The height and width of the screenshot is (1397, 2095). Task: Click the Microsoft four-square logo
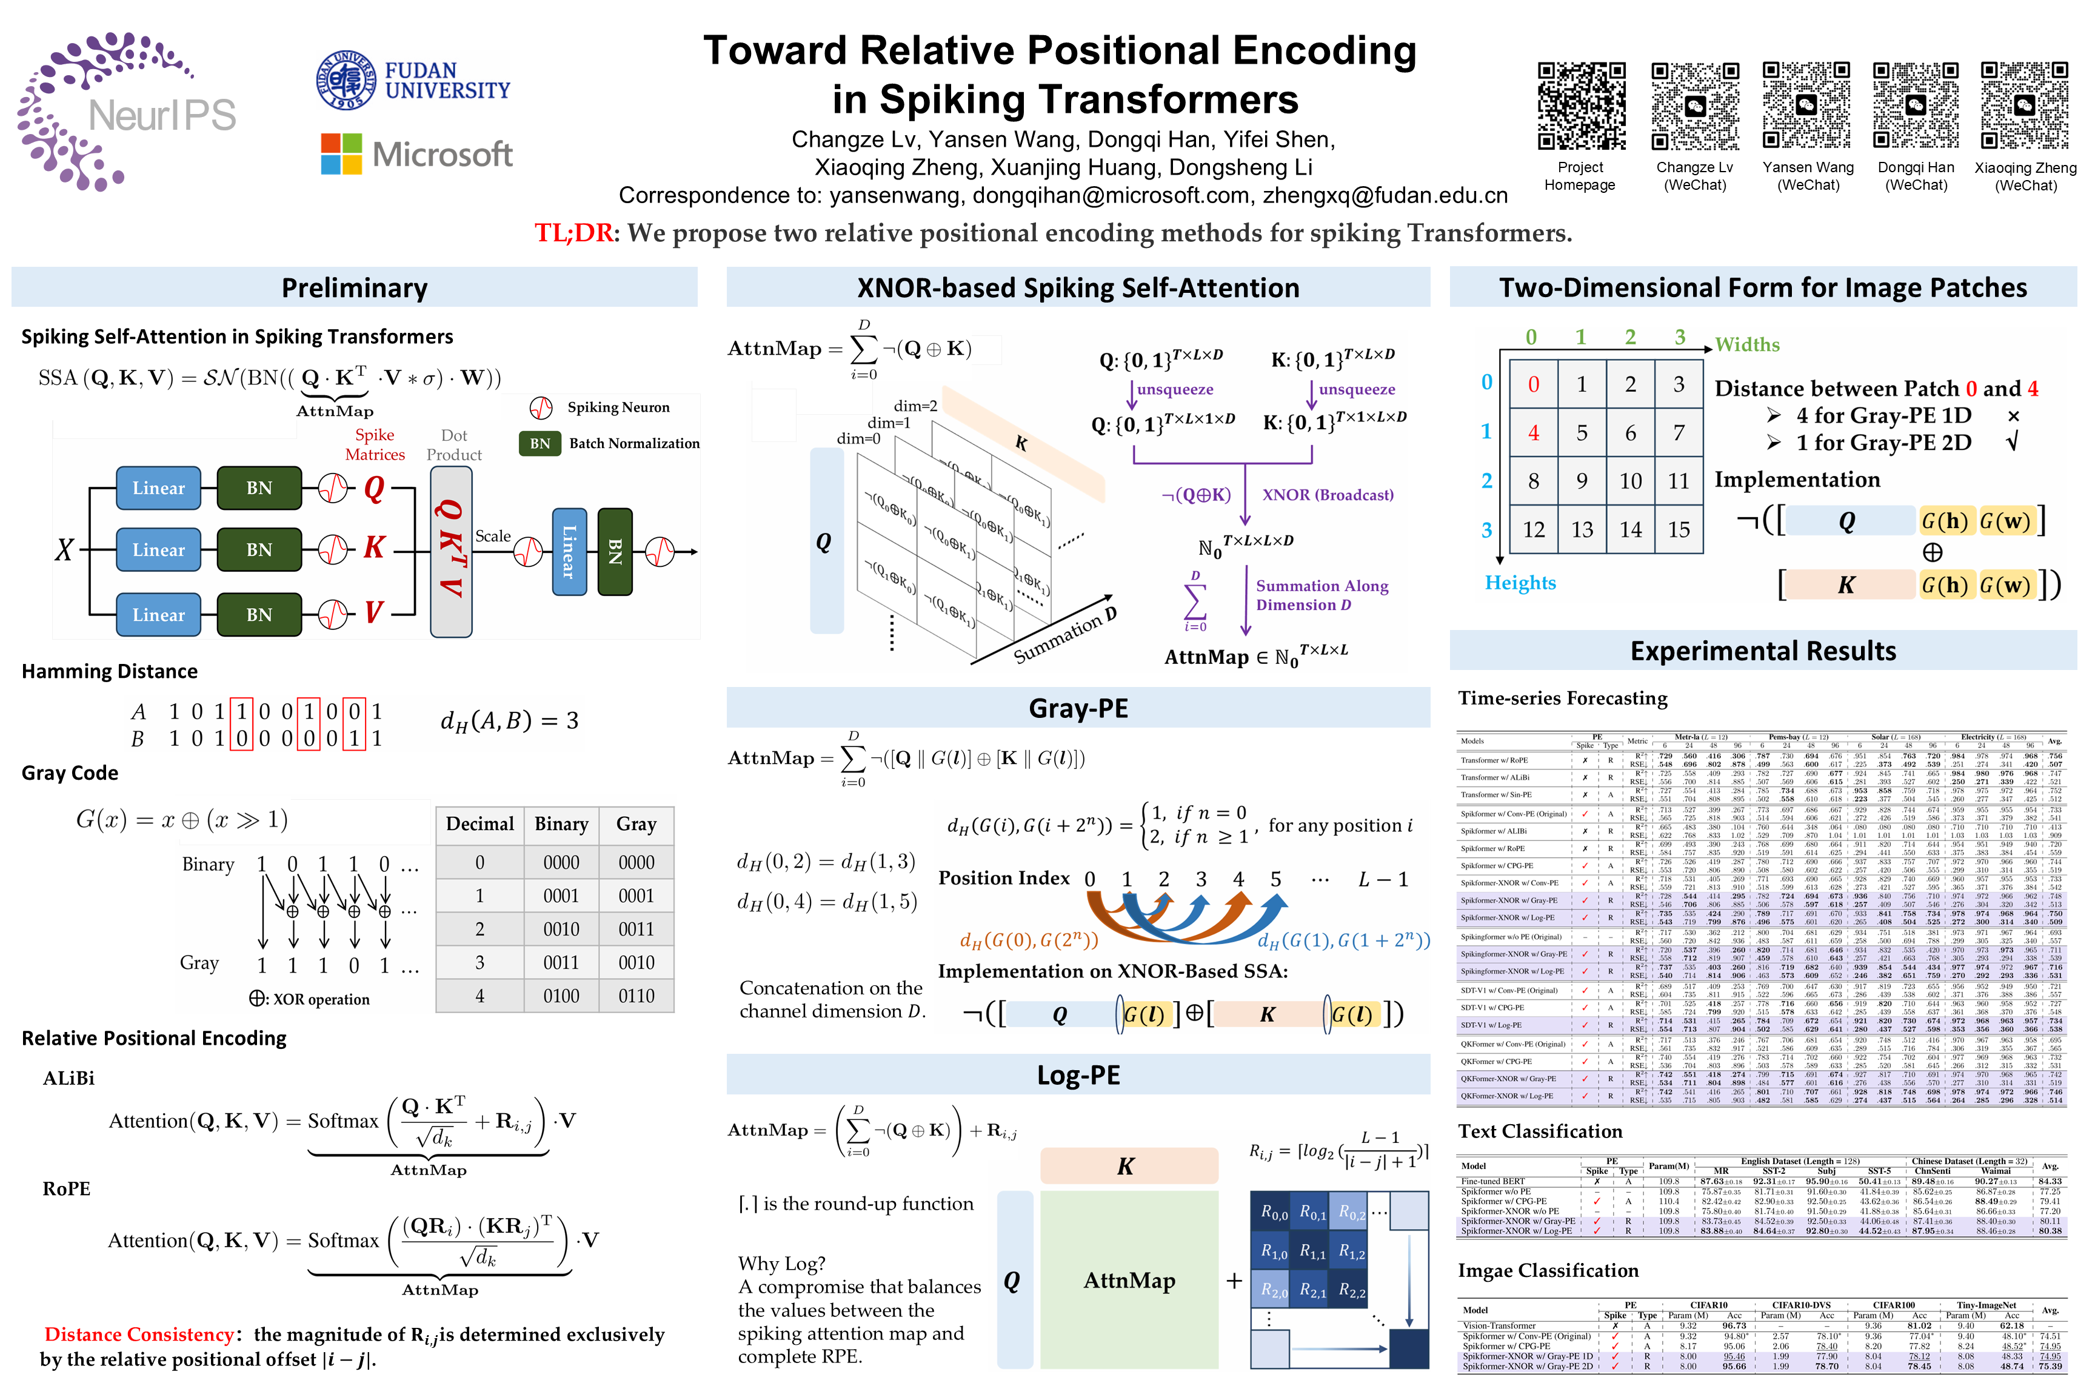coord(341,154)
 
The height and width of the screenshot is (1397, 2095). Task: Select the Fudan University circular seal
coord(347,80)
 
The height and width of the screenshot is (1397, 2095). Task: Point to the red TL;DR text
coord(573,233)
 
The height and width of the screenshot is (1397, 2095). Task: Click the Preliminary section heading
coord(355,288)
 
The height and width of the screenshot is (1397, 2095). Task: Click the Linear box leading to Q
coord(159,488)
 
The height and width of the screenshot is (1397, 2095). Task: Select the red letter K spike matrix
coord(374,547)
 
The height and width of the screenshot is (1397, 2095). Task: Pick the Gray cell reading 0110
coord(636,996)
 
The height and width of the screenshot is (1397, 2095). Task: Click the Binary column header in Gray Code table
coord(561,824)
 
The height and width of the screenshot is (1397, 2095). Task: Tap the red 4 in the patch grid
coord(1533,433)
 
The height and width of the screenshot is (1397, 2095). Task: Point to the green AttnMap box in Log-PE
coord(1129,1281)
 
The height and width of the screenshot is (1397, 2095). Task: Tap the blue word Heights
coord(1520,583)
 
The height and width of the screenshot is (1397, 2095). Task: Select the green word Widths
coord(1746,345)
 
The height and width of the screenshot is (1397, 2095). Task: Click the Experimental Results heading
coord(1763,651)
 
